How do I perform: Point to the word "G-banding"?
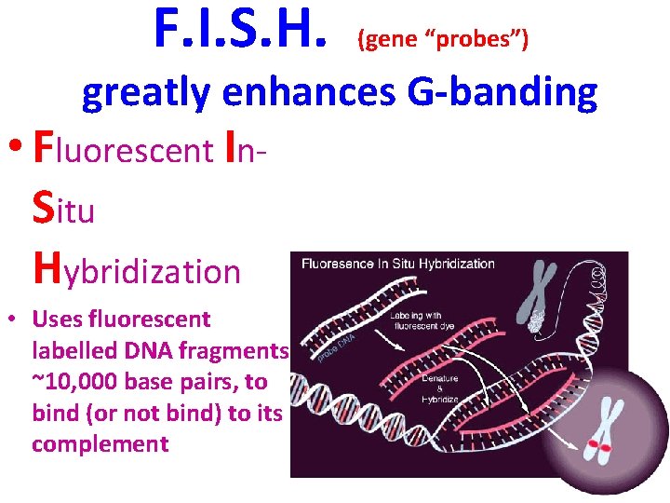502,93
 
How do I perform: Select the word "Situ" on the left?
63,209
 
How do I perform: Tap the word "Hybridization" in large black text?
136,270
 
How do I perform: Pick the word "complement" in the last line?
100,444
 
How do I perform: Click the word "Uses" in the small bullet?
56,319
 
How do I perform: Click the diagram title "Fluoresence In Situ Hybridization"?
397,264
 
